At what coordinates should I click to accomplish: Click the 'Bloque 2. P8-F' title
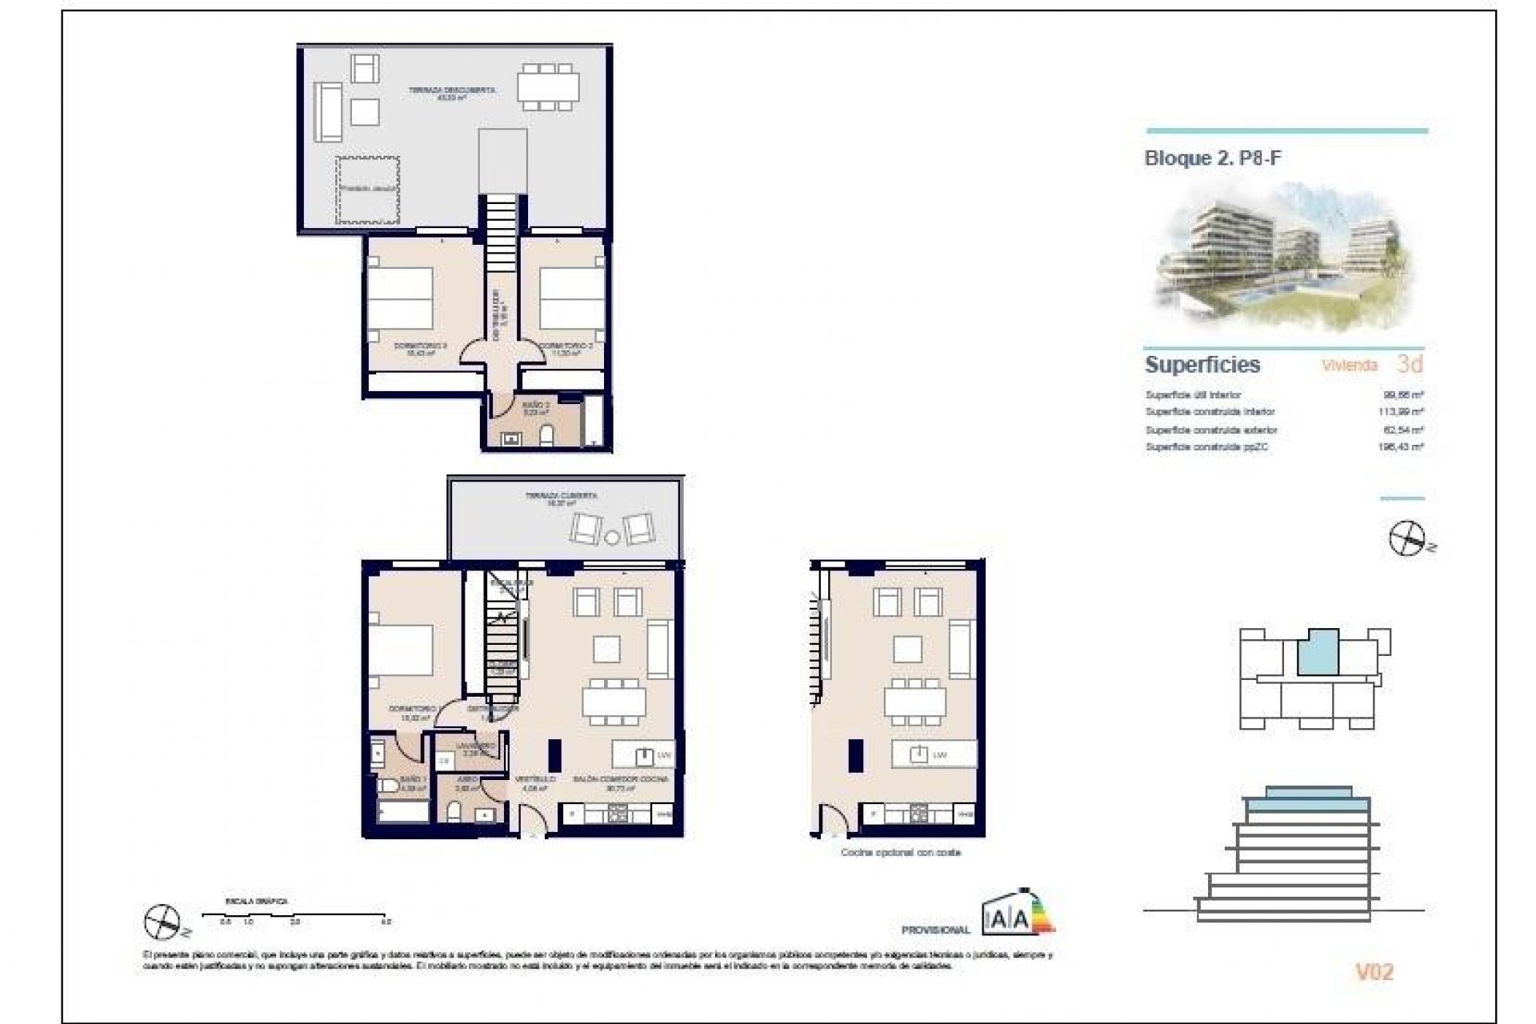pyautogui.click(x=1212, y=158)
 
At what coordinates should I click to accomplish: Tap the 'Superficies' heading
pyautogui.click(x=1202, y=365)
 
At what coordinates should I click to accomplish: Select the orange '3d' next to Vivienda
pyautogui.click(x=1410, y=364)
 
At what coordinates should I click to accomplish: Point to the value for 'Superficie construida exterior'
pyautogui.click(x=1403, y=430)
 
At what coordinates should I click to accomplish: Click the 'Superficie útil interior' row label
pyautogui.click(x=1193, y=395)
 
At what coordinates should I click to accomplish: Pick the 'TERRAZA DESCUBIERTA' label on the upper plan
pyautogui.click(x=451, y=90)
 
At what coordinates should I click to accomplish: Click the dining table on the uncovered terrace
pyautogui.click(x=547, y=86)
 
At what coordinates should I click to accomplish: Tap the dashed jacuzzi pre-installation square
pyautogui.click(x=367, y=190)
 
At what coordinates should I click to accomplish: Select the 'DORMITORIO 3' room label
pyautogui.click(x=420, y=346)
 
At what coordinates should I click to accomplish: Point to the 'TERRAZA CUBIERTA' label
pyautogui.click(x=561, y=496)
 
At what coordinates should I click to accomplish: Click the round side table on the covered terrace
pyautogui.click(x=612, y=538)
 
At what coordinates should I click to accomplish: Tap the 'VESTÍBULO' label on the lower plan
pyautogui.click(x=534, y=778)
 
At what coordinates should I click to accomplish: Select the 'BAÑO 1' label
pyautogui.click(x=414, y=779)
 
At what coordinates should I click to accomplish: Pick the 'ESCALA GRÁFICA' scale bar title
pyautogui.click(x=257, y=902)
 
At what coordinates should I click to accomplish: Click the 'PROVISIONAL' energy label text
pyautogui.click(x=935, y=930)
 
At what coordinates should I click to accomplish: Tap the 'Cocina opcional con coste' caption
pyautogui.click(x=900, y=853)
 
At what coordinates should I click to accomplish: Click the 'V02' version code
pyautogui.click(x=1374, y=973)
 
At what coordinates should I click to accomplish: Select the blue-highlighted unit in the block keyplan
pyautogui.click(x=1317, y=653)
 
